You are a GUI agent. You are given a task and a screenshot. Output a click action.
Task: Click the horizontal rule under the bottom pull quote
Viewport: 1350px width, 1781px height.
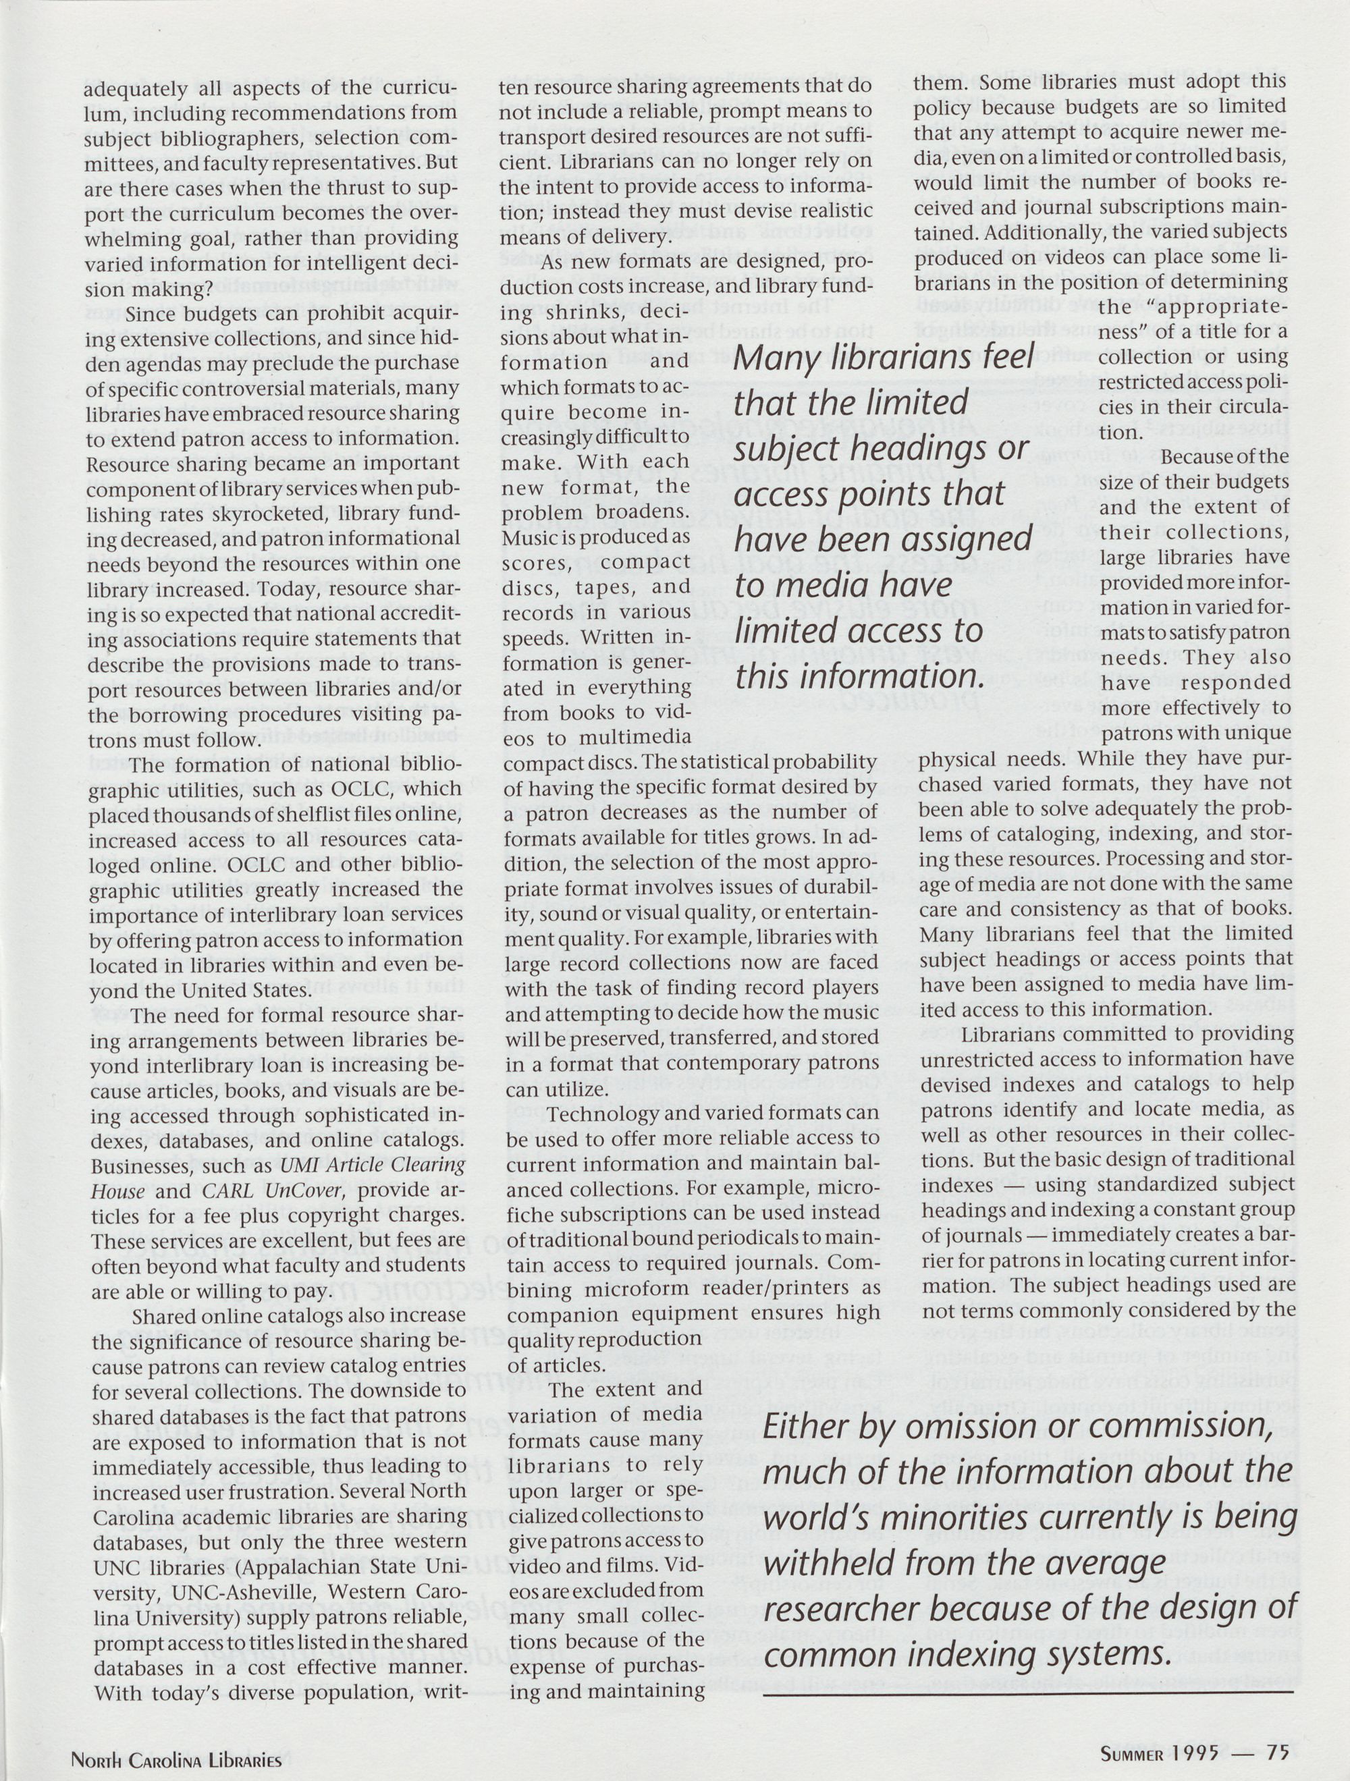point(1027,1693)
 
